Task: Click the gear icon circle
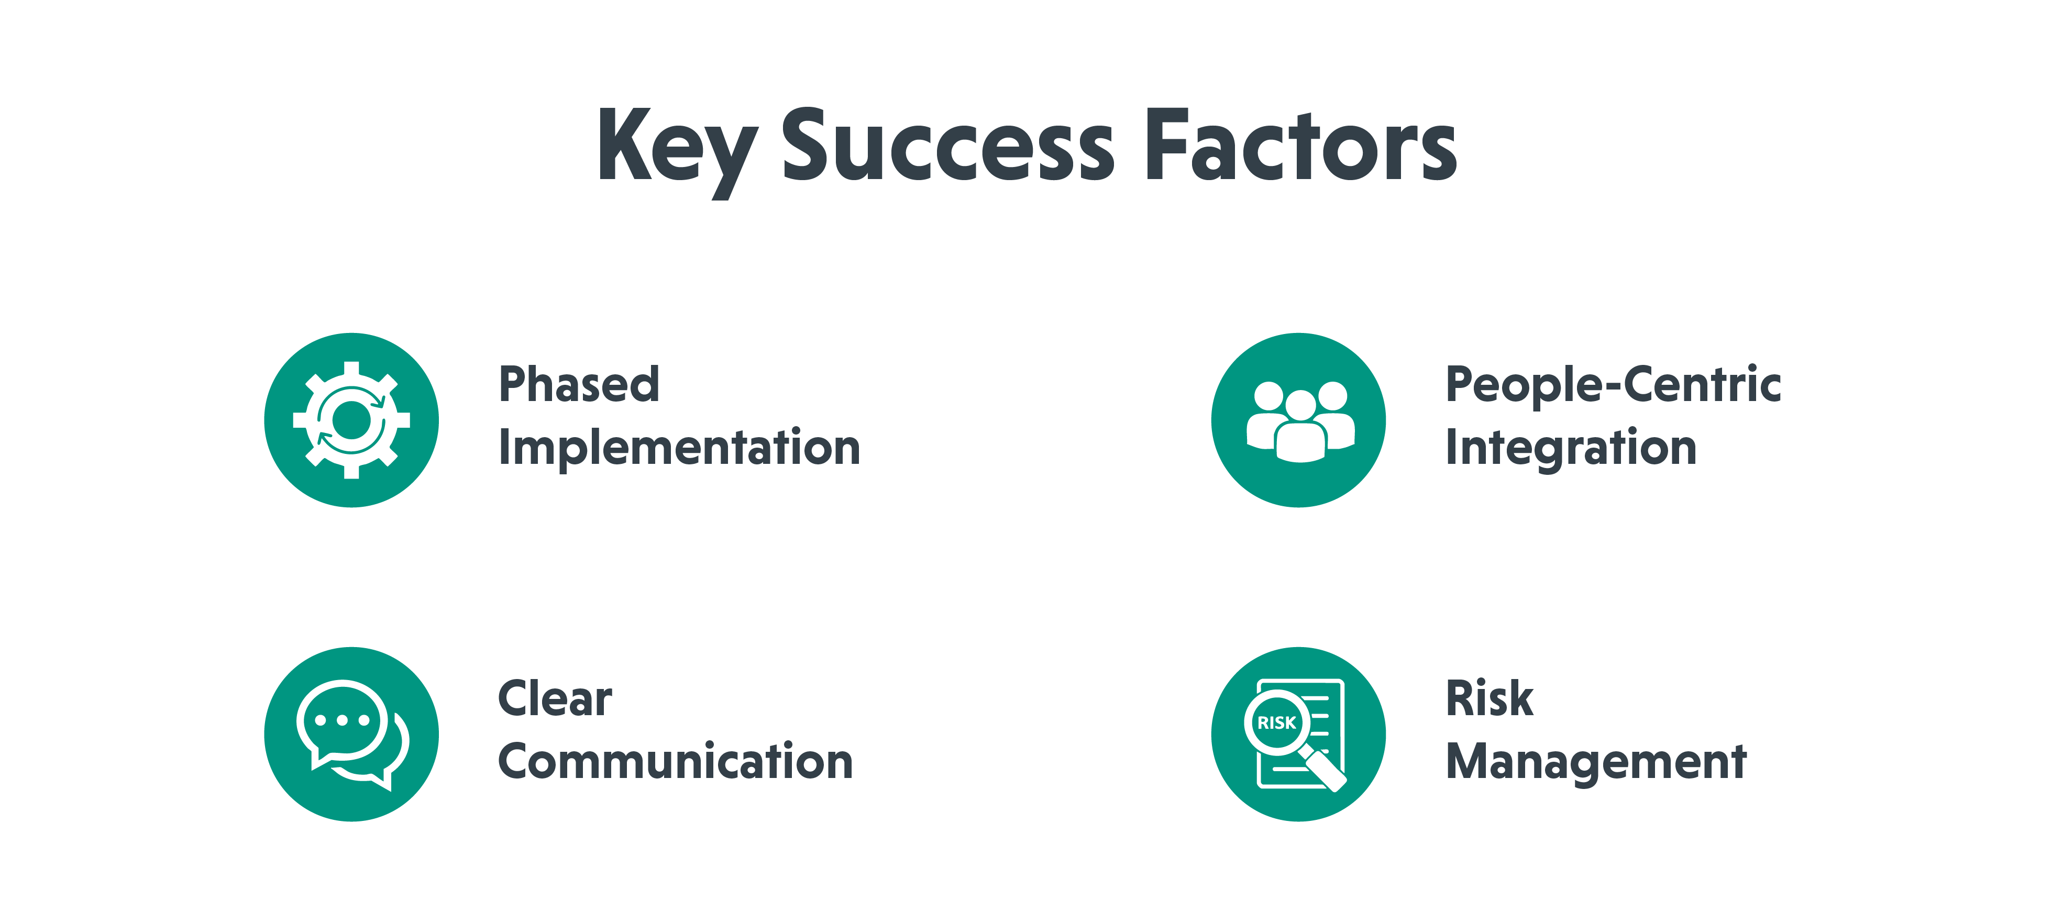click(351, 420)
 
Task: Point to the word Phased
click(579, 385)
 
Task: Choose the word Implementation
click(679, 448)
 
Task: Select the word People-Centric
click(1613, 385)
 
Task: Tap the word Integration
click(1571, 448)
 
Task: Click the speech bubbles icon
click(351, 733)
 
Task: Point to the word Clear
click(555, 699)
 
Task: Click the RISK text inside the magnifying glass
click(1276, 723)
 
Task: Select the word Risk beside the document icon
click(1489, 699)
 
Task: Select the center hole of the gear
click(351, 420)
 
